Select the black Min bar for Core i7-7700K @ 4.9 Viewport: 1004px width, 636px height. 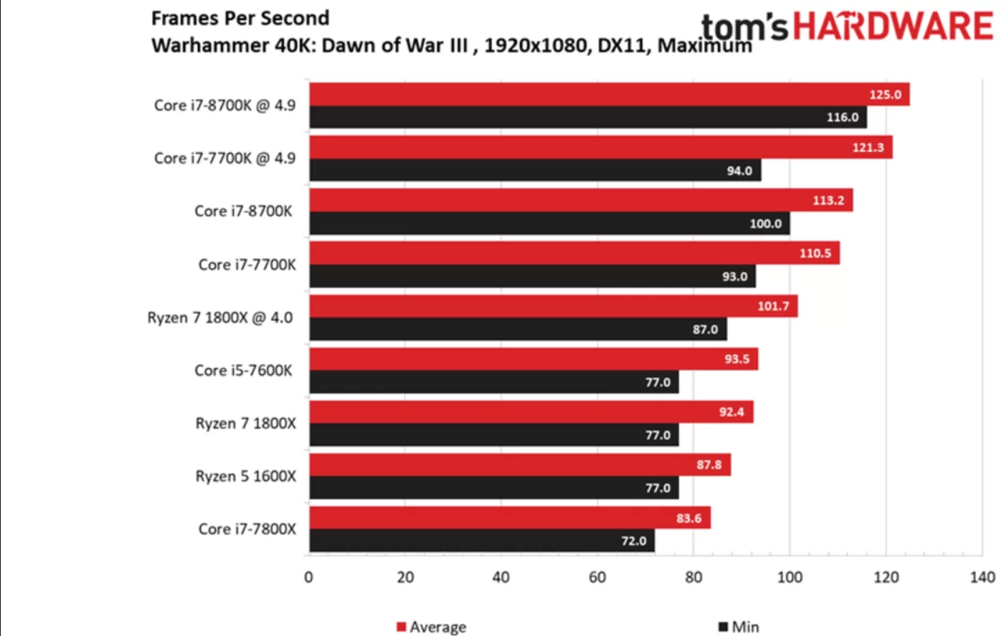pos(534,171)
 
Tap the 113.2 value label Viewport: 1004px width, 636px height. pos(828,200)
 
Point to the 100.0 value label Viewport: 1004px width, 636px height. pos(765,224)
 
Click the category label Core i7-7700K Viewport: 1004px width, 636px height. pos(247,265)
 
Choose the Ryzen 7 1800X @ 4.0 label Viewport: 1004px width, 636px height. pos(220,318)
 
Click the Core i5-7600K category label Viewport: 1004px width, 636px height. pos(243,371)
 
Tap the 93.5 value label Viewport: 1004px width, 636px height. pos(737,359)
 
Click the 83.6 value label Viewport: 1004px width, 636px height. pos(688,518)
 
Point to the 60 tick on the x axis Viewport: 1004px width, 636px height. pos(597,577)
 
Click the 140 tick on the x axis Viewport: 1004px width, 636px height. pos(982,577)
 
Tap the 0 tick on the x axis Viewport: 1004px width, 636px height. pos(308,577)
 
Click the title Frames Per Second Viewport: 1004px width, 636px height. pos(240,18)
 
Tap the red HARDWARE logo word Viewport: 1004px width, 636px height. pos(893,27)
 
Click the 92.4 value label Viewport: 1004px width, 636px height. pos(731,412)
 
